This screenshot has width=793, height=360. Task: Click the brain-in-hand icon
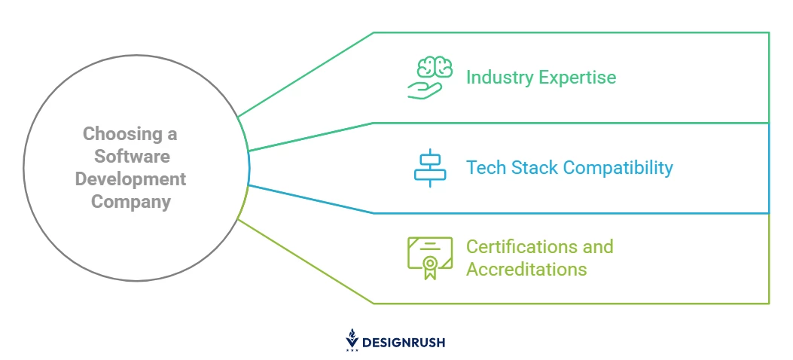430,78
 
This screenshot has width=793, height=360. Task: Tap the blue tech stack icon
430,168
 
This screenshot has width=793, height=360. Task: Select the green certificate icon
430,258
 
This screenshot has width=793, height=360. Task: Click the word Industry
499,78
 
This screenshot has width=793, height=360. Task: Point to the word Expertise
578,78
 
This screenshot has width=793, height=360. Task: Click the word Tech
486,167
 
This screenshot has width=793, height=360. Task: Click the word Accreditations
526,269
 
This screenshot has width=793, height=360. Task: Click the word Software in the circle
132,156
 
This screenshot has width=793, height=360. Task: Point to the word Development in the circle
130,179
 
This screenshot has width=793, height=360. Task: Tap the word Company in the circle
131,202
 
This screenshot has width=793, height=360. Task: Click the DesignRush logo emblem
352,340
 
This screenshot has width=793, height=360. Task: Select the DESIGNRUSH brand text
403,343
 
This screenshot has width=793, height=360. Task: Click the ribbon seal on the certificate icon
430,267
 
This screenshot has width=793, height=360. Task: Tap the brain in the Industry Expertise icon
435,68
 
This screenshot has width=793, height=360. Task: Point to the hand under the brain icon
424,90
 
